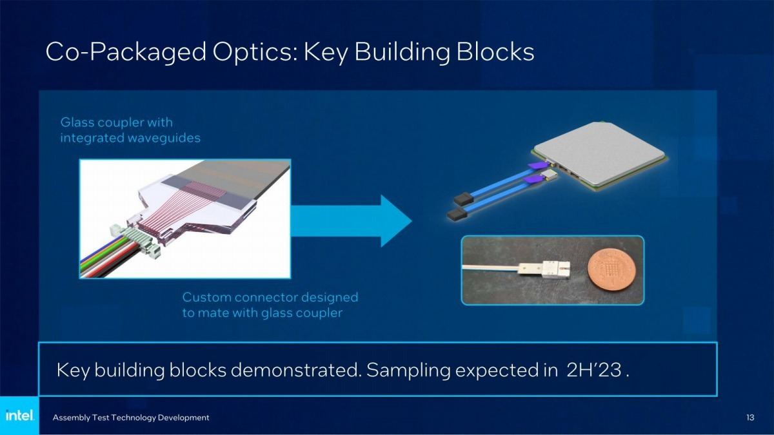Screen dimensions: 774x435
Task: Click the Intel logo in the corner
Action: (x=20, y=415)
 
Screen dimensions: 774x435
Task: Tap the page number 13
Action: (x=749, y=418)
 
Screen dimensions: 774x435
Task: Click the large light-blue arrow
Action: (x=352, y=221)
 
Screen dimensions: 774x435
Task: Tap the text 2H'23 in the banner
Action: (x=594, y=370)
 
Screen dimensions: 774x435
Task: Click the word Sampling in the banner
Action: (x=408, y=371)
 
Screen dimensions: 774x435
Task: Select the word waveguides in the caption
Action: (x=164, y=138)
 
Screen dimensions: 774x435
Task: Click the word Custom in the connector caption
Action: (x=206, y=297)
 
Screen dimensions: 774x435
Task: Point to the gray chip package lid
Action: (x=599, y=152)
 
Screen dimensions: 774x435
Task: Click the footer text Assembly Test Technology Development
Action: (x=131, y=418)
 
